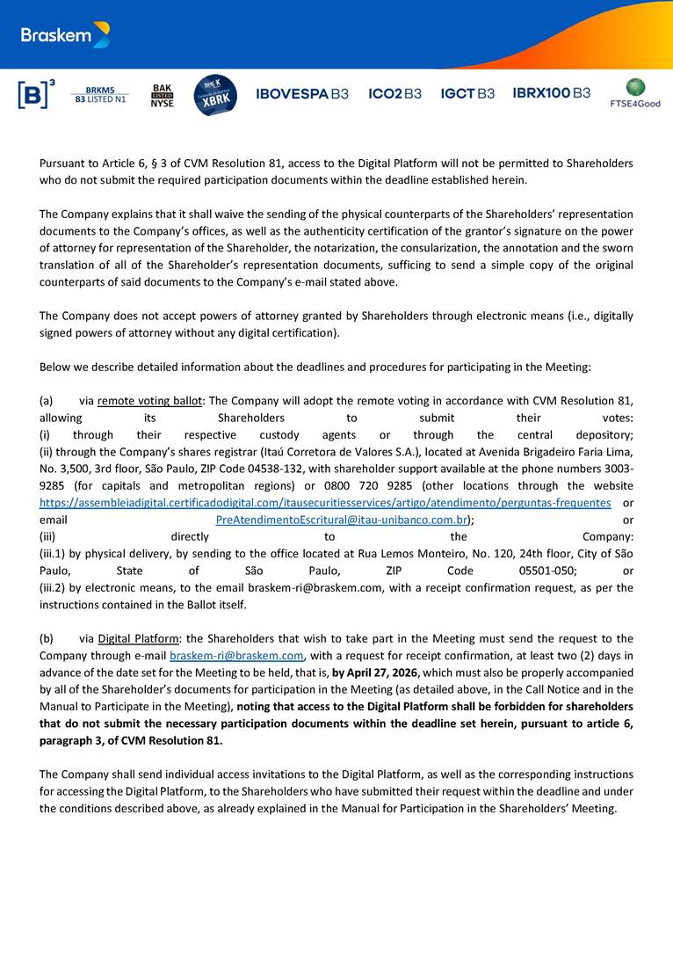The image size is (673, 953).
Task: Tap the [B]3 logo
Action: pos(36,94)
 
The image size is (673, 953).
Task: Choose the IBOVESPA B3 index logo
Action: pos(301,93)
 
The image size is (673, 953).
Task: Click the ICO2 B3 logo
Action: pos(394,93)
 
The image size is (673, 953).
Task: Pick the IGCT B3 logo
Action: pos(467,93)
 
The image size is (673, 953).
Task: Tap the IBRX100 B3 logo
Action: pos(551,93)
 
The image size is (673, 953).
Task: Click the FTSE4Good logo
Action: pos(635,93)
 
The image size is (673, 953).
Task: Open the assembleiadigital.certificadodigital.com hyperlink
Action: pos(325,502)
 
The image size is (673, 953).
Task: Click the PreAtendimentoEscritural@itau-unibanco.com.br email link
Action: pos(341,520)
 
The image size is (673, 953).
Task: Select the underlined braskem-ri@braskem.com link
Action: pos(236,656)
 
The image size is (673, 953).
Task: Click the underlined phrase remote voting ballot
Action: pos(149,401)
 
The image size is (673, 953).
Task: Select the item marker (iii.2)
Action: pos(56,587)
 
